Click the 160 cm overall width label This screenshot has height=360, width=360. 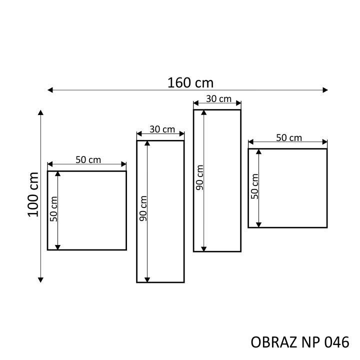pyautogui.click(x=190, y=82)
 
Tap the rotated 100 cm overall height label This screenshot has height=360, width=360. pyautogui.click(x=33, y=194)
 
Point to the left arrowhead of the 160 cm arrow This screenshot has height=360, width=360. pyautogui.click(x=50, y=90)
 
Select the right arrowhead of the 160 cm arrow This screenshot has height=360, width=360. pyautogui.click(x=325, y=90)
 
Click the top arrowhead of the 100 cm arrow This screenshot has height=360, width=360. pyautogui.click(x=40, y=112)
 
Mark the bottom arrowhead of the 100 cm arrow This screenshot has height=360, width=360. pyautogui.click(x=40, y=280)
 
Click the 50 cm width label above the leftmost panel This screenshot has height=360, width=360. pyautogui.click(x=88, y=160)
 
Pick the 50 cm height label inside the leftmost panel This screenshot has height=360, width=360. pyautogui.click(x=53, y=209)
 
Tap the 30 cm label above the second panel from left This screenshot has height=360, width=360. pyautogui.click(x=162, y=129)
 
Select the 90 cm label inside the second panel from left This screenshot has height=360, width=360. pyautogui.click(x=143, y=208)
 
